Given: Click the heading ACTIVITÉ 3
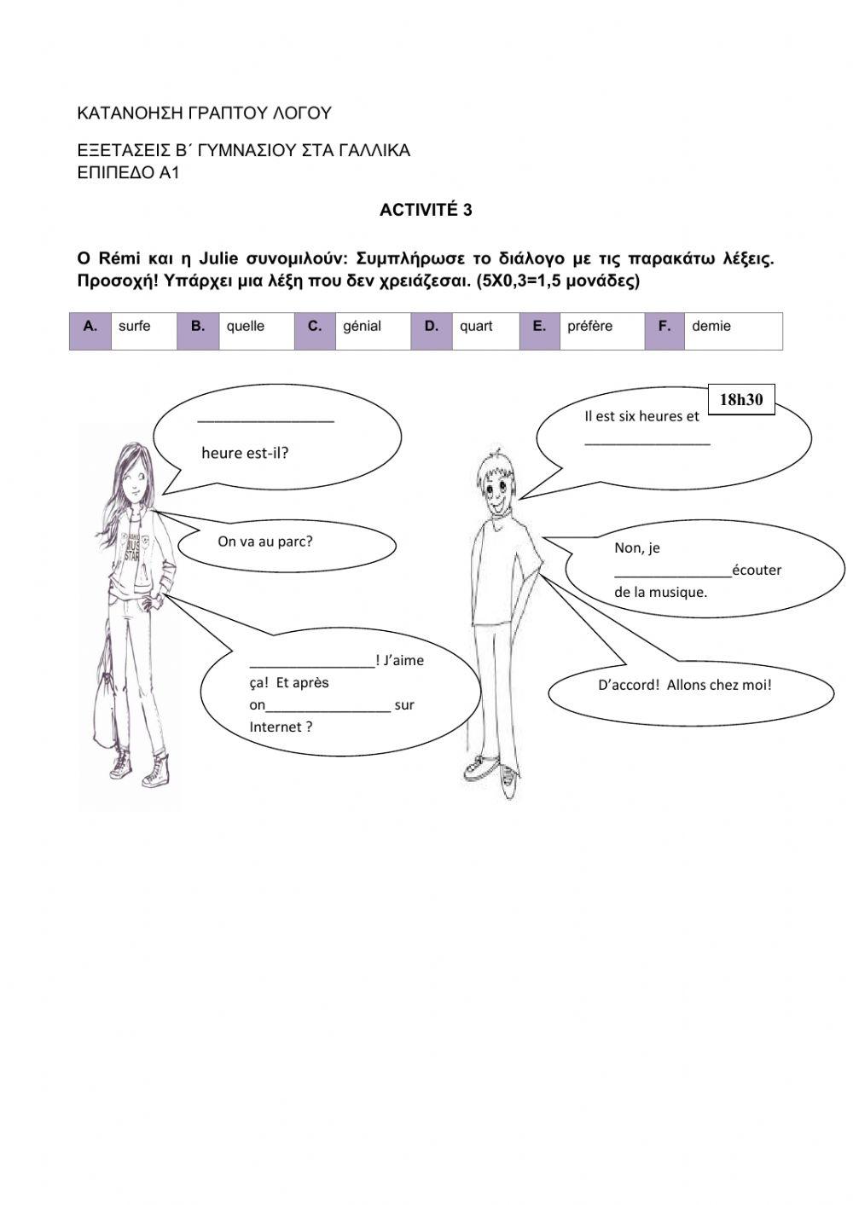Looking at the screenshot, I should point(426,211).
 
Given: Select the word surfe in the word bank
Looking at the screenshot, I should point(134,326).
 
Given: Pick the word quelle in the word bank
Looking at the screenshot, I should point(245,326).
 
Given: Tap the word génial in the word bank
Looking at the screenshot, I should point(362,326).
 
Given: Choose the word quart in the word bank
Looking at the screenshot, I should point(476,326).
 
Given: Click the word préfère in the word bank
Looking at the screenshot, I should point(589,326).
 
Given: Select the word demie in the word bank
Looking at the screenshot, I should point(711,326).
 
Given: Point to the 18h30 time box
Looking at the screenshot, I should point(740,399).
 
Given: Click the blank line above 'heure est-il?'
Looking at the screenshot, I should point(265,420).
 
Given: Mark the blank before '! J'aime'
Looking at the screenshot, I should point(312,665).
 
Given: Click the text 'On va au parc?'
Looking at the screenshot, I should point(265,542).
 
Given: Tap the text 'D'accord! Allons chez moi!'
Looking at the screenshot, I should point(684,685).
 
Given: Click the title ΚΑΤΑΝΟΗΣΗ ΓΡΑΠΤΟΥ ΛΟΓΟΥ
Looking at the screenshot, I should point(204,113).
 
